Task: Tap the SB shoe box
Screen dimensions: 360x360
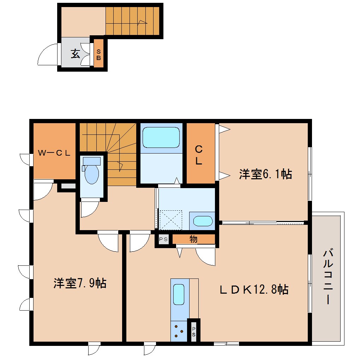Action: point(98,54)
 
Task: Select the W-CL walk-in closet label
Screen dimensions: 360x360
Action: point(55,153)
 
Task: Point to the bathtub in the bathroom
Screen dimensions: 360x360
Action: point(161,137)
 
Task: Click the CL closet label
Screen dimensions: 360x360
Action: point(199,155)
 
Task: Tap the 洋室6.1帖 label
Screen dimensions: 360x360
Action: point(265,174)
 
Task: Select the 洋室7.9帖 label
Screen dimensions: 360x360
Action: point(80,283)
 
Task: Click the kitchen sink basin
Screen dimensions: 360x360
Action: point(179,294)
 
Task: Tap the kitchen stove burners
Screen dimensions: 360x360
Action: point(179,331)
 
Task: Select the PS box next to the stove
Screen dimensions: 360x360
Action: point(193,331)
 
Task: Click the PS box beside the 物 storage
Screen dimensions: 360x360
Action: point(163,239)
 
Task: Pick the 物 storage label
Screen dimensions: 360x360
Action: point(193,239)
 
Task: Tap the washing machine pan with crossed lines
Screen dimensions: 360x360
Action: point(170,219)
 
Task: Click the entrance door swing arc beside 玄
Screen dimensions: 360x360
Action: point(48,55)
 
